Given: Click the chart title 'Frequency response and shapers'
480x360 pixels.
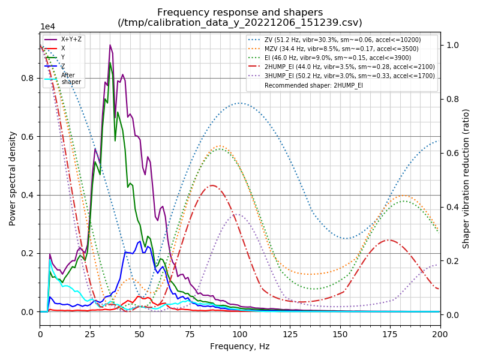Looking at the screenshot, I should [240, 13].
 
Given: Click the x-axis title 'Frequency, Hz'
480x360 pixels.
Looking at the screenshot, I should [240, 346].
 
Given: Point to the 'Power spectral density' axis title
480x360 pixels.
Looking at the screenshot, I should [13, 179].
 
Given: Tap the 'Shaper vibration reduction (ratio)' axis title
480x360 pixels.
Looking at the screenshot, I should [466, 179].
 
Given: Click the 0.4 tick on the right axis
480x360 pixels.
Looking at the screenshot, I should [451, 207].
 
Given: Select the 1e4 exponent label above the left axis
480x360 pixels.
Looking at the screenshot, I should [47, 27].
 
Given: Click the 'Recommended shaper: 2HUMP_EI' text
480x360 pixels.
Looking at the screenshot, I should [314, 86].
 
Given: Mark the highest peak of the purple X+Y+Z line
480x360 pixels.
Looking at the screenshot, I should [110, 45].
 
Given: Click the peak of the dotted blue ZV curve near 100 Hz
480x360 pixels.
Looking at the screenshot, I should [240, 103].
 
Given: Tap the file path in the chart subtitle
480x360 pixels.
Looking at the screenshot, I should [240, 23].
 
